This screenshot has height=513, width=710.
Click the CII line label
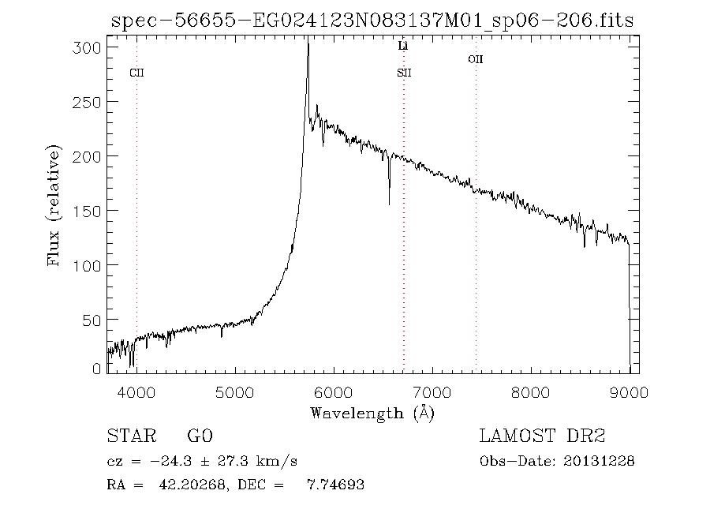pos(136,73)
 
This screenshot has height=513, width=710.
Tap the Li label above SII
pos(403,47)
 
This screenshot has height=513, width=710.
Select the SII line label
pos(404,73)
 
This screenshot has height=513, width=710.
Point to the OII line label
pos(475,59)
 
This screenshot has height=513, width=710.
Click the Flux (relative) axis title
pos(54,205)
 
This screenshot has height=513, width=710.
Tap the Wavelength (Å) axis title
pos(372,413)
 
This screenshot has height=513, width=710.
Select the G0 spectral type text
pos(200,436)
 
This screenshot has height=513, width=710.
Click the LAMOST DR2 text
pos(542,436)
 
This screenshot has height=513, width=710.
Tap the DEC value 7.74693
pos(334,485)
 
